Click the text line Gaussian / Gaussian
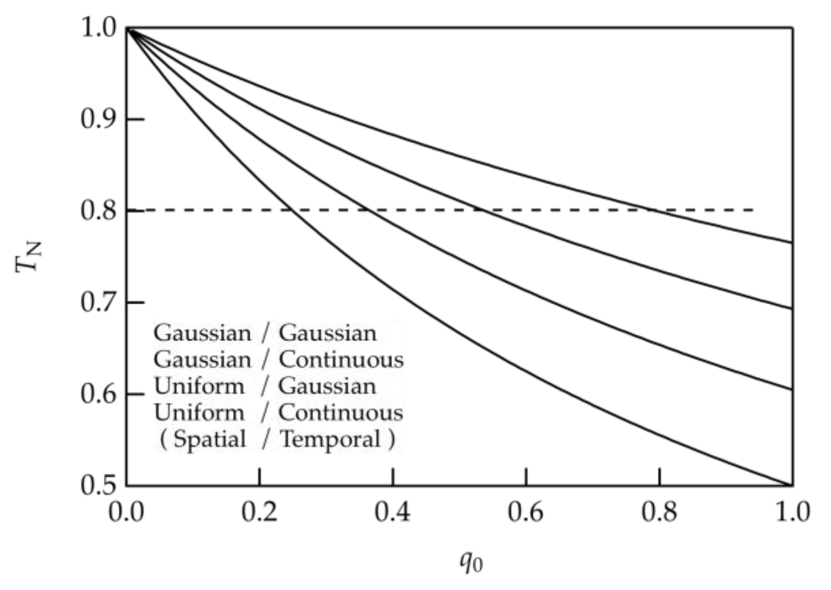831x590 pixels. click(265, 333)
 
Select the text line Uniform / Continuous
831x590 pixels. click(278, 413)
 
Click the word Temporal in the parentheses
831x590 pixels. click(330, 439)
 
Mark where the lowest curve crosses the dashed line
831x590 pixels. click(292, 210)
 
